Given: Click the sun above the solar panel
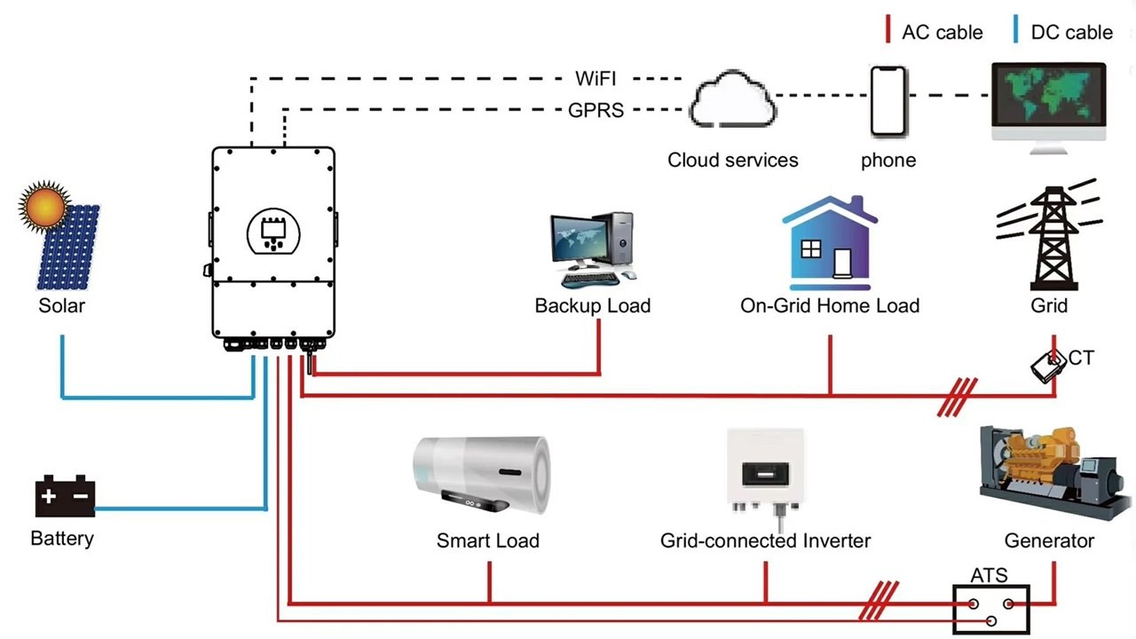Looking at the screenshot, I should [44, 206].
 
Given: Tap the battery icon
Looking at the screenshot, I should [65, 497].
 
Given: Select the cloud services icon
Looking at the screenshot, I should [733, 103].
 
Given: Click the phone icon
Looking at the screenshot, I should [888, 100].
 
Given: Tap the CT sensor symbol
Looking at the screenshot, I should [1048, 365].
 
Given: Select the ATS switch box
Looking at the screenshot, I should [990, 609].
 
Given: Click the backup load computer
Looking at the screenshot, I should [592, 248].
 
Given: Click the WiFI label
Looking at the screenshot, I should [596, 78].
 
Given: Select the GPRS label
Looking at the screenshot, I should [596, 111].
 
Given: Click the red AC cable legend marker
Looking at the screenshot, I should [887, 31].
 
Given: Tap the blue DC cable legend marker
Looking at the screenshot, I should [1015, 31].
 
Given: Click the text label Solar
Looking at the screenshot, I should [61, 306].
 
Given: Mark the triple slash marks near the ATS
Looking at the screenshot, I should [879, 601].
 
